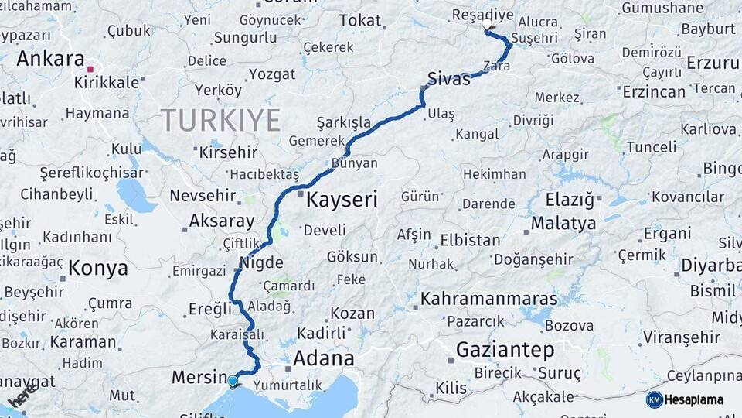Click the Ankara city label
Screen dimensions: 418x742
49,59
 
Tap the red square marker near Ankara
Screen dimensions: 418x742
90,70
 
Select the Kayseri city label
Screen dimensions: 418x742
342,200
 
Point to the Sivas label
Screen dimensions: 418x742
448,78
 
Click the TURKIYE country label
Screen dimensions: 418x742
220,120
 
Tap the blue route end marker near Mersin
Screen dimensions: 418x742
233,380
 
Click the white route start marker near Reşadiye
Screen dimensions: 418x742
487,25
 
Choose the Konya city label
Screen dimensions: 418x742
98,269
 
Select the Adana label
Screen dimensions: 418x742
323,358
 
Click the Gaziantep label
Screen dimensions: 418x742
505,349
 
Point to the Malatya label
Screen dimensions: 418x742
563,224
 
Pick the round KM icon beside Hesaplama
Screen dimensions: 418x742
654,399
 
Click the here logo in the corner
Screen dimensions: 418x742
22,396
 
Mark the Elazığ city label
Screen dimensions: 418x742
570,200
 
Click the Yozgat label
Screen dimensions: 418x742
271,74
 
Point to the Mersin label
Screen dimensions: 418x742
197,377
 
